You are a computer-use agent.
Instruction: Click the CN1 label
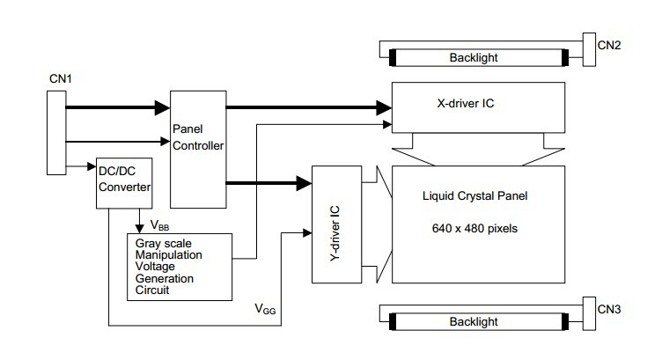point(61,79)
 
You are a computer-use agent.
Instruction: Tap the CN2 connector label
point(609,46)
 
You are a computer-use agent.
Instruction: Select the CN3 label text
point(609,309)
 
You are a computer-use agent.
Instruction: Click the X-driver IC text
point(466,103)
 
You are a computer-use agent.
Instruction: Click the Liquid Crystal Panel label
point(475,195)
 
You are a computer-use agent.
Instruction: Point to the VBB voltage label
point(159,225)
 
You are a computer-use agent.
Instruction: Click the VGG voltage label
point(265,309)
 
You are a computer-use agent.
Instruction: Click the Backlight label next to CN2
point(474,57)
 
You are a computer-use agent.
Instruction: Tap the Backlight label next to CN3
point(474,321)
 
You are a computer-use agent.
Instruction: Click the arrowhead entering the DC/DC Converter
point(92,166)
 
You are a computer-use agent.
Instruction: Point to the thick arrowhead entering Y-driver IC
point(304,183)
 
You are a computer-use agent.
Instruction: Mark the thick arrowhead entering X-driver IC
point(384,107)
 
